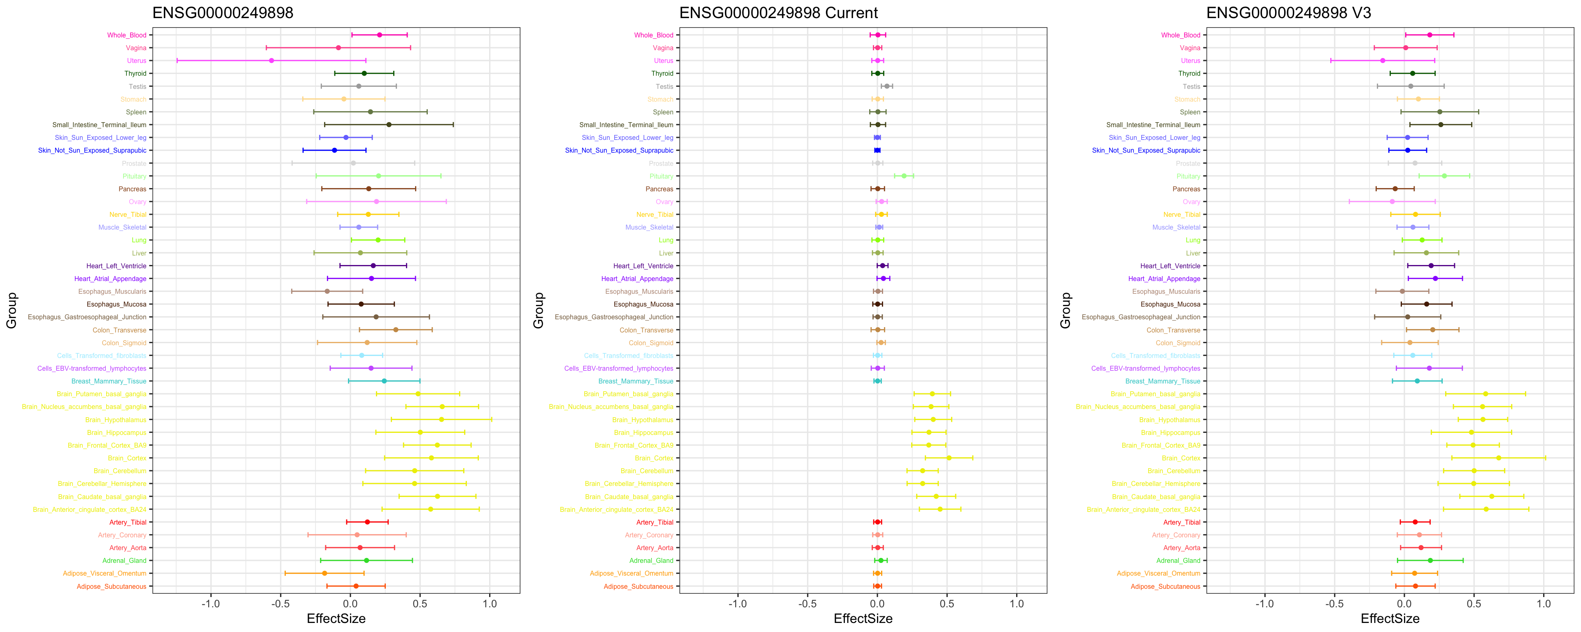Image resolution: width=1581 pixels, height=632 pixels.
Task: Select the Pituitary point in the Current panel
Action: [x=903, y=176]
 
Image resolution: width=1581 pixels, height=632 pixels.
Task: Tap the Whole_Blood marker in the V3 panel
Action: [x=1429, y=35]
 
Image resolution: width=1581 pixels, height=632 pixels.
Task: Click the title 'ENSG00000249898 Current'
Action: [x=778, y=13]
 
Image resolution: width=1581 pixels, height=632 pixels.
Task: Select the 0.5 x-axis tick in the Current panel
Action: [x=947, y=604]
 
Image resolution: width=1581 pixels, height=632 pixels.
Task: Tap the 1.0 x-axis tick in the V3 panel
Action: [x=1544, y=604]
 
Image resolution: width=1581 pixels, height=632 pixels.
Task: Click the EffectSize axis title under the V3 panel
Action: [x=1390, y=618]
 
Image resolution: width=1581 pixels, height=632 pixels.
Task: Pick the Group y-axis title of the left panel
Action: [x=12, y=311]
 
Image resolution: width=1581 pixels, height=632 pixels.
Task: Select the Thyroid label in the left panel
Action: [x=135, y=74]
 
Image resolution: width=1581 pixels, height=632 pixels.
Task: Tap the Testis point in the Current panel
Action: [x=886, y=86]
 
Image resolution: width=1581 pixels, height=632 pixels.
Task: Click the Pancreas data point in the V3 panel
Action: [x=1395, y=189]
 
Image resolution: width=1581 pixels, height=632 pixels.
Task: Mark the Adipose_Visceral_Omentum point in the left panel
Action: [x=325, y=573]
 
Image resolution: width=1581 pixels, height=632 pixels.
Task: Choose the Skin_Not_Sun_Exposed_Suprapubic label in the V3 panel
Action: [x=1146, y=150]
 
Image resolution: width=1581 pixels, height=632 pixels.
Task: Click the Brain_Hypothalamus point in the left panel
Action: [x=441, y=420]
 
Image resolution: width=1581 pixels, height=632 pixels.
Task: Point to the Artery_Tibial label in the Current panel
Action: [x=655, y=522]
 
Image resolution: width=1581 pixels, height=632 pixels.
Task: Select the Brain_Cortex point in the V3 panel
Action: [x=1498, y=458]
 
